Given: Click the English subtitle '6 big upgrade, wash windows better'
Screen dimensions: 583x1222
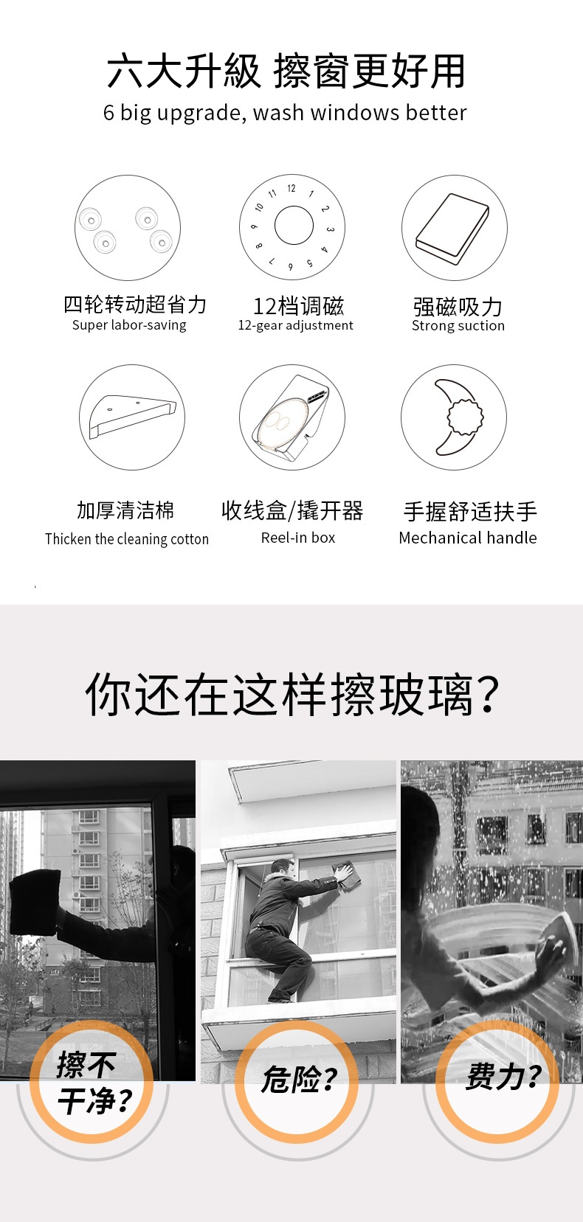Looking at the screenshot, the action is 285,113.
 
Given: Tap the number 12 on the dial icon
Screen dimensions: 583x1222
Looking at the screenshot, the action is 291,188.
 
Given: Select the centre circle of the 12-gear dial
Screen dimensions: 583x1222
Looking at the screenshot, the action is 294,226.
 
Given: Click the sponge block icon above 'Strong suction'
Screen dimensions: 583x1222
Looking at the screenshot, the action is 452,229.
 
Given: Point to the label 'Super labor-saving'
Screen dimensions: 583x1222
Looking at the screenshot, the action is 129,325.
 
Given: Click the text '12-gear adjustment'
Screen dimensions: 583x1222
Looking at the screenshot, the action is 295,326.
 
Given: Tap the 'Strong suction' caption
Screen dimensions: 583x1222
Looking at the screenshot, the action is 458,326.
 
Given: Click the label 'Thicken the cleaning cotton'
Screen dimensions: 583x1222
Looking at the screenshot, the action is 127,539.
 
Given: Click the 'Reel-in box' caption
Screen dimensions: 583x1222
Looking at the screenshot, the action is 298,538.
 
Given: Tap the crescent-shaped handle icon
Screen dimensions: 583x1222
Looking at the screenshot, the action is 458,417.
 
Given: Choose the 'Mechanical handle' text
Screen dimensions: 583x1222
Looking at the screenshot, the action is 468,538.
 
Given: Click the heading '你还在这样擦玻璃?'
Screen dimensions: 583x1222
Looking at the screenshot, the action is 292,694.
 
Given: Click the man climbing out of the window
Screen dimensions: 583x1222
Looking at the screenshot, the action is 294,928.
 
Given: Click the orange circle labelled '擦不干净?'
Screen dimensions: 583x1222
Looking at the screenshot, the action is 92,1081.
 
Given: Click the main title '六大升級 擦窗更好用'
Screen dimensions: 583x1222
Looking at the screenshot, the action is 286,71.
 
